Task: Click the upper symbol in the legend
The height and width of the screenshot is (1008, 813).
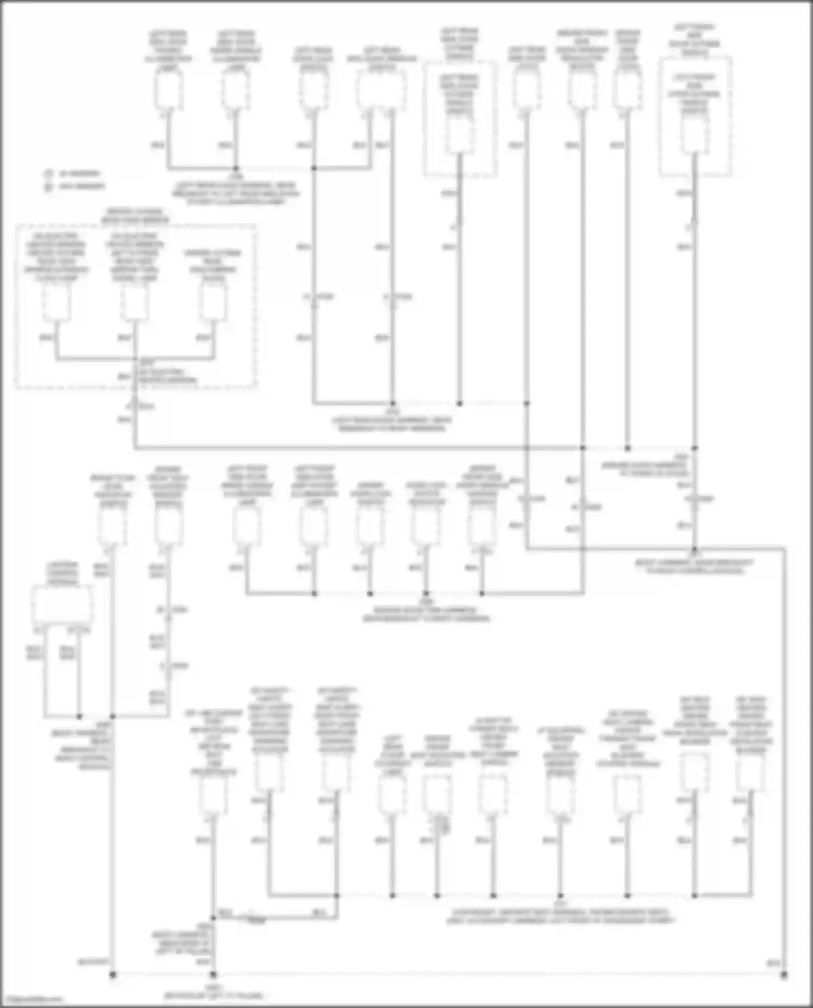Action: [48, 174]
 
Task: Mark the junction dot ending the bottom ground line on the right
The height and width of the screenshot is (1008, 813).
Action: [784, 975]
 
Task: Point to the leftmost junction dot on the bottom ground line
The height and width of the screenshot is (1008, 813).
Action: [113, 975]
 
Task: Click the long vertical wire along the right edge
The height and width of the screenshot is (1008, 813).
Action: [784, 758]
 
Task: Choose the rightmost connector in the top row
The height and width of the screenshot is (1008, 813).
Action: [694, 134]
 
